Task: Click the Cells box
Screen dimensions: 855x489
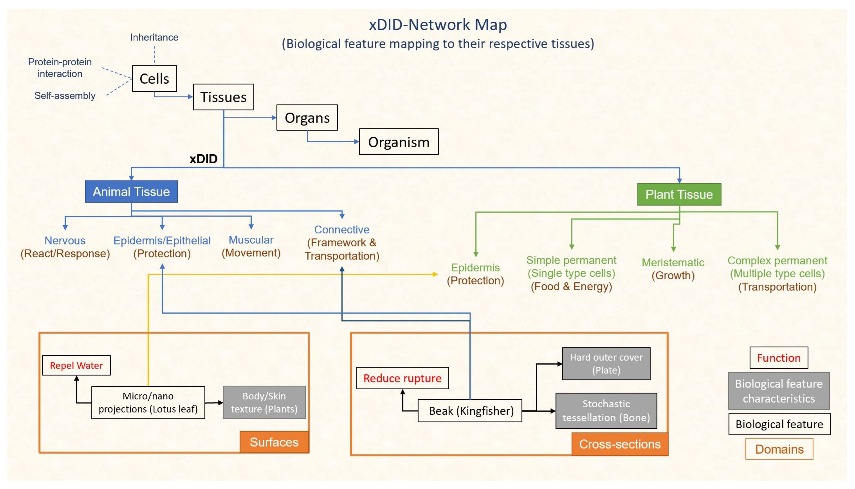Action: coord(155,79)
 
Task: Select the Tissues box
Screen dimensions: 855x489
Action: coord(224,97)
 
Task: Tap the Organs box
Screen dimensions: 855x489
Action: coord(307,118)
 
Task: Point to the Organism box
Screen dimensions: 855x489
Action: coord(399,142)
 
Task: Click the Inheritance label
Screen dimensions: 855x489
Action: coord(154,37)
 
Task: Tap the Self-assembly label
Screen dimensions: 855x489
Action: coord(65,96)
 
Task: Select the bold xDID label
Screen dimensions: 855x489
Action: coord(203,159)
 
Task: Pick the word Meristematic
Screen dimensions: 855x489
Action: coord(673,262)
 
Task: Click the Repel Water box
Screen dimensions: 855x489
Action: coord(77,365)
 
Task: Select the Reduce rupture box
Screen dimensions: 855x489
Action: coord(403,378)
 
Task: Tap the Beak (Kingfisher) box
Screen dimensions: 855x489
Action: coord(470,411)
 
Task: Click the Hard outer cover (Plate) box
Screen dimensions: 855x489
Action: coord(606,364)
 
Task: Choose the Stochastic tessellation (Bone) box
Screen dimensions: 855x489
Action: coord(606,411)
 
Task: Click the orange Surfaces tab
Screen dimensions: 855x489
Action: coord(274,442)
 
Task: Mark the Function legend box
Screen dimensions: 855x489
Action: coord(779,358)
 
